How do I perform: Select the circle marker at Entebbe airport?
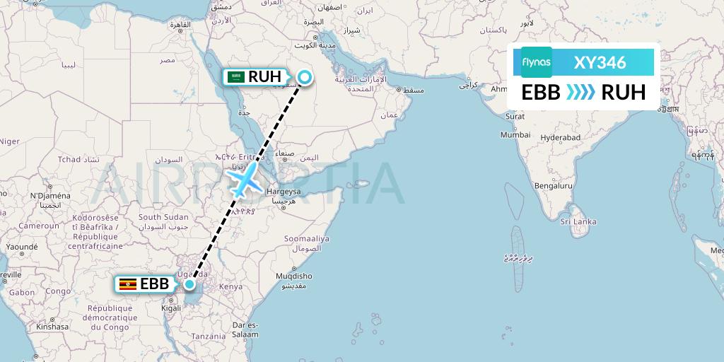[x=189, y=284]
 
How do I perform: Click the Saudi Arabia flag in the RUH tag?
[x=236, y=77]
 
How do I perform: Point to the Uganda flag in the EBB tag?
[x=128, y=284]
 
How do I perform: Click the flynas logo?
[x=537, y=62]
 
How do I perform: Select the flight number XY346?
[x=600, y=62]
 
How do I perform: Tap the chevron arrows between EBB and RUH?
[x=580, y=93]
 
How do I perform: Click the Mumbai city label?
[x=515, y=134]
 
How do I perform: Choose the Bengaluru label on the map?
[x=554, y=187]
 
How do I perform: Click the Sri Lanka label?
[x=578, y=221]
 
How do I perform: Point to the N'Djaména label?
[x=50, y=196]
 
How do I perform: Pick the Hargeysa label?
[x=283, y=192]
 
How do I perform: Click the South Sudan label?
[x=163, y=217]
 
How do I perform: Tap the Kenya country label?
[x=230, y=287]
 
